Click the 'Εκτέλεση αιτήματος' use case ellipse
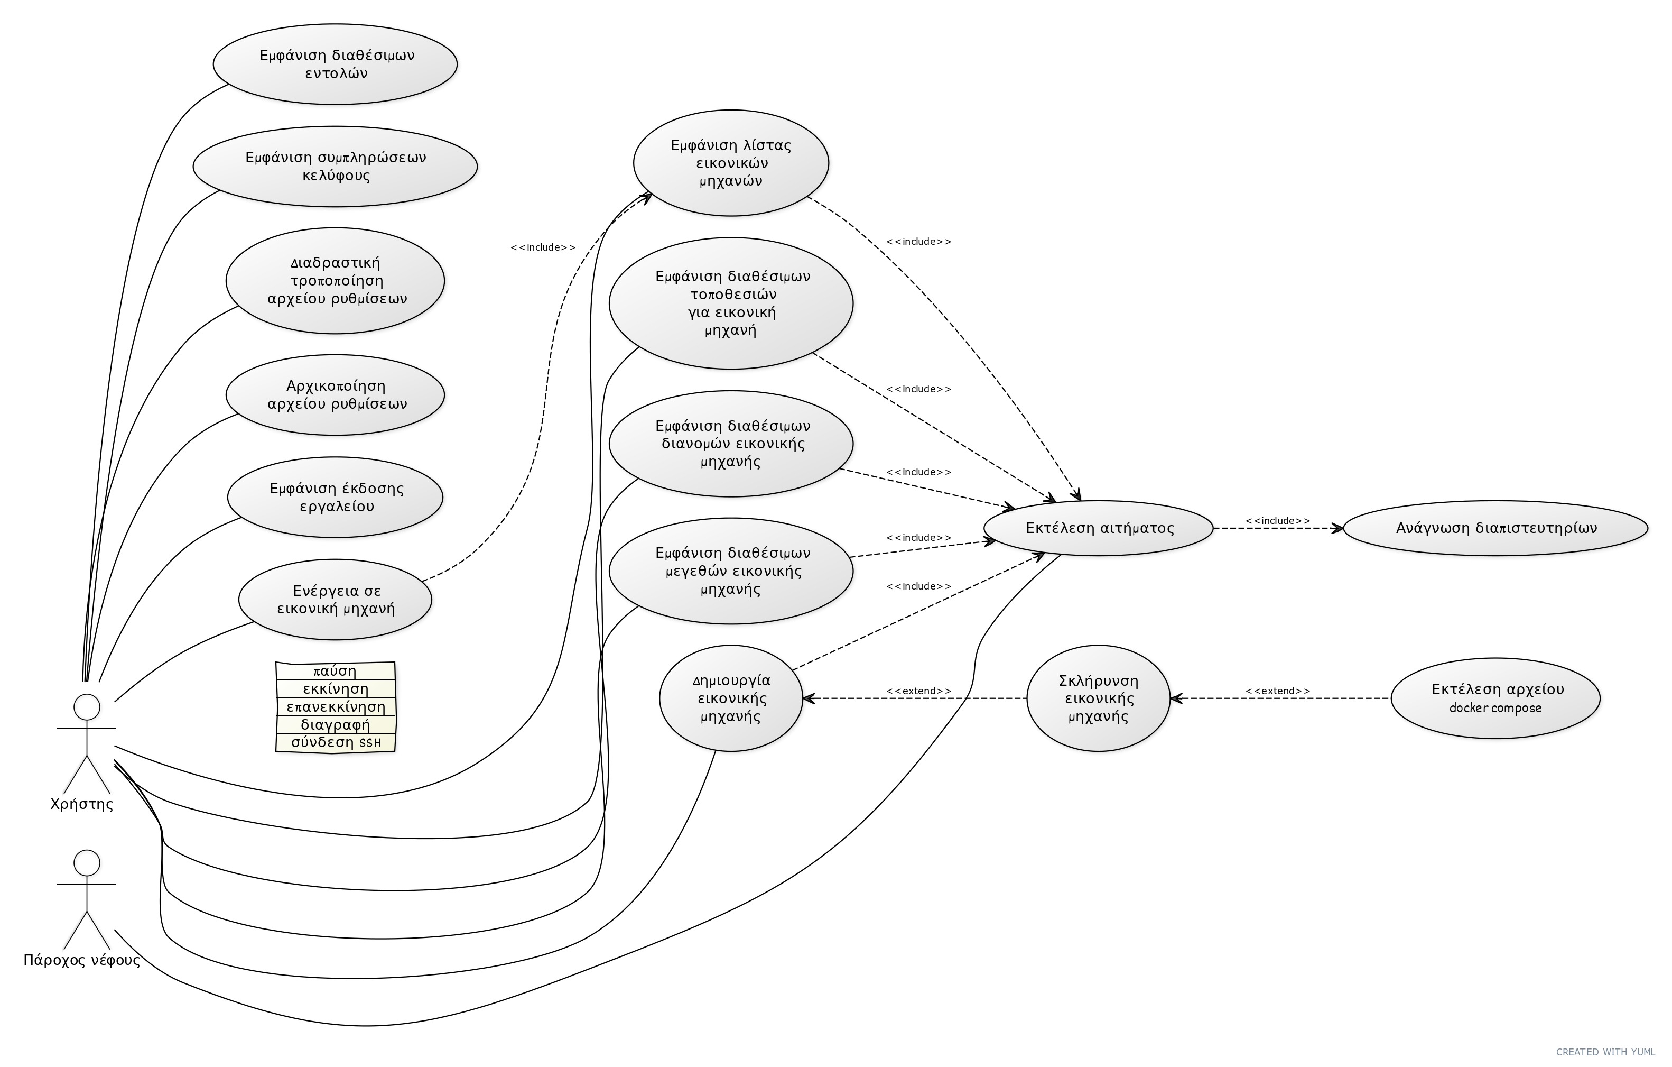tap(1099, 528)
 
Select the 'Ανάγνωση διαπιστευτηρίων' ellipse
tap(1495, 528)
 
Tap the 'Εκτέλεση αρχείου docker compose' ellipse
tap(1495, 698)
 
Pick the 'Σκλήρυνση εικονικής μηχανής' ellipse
tap(1099, 698)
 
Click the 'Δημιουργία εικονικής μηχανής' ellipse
tap(731, 698)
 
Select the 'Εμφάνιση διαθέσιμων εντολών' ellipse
tap(336, 64)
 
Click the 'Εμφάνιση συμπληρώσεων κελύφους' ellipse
tap(336, 166)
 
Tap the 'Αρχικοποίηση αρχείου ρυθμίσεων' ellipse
tap(336, 394)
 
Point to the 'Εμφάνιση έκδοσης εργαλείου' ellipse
tap(336, 496)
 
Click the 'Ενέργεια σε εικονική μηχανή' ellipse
tap(336, 600)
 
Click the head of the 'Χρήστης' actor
tap(87, 707)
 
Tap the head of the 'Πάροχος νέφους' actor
tap(87, 863)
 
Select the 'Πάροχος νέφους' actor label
tap(82, 960)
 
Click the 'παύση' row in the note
tap(336, 671)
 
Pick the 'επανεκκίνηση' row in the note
tap(336, 707)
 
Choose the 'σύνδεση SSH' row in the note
tap(336, 742)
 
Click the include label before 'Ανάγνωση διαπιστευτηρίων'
tap(1278, 520)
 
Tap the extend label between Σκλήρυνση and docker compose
tap(1278, 691)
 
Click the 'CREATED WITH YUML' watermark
tap(1612, 1052)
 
